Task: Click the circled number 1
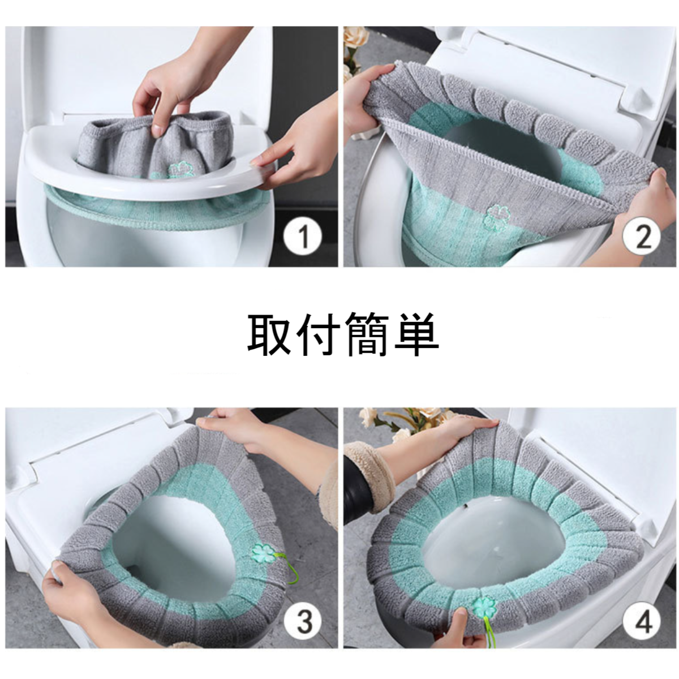pos(303,237)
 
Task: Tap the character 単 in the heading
pos(416,335)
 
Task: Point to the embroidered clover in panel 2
pos(497,214)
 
